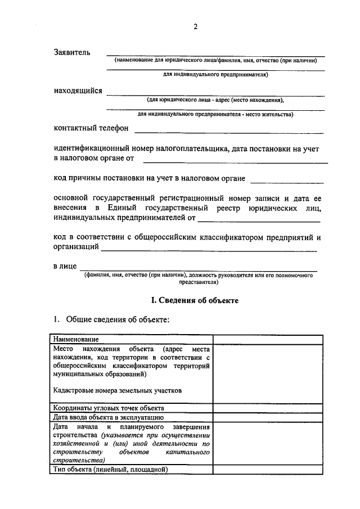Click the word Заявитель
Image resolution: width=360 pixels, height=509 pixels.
coord(71,52)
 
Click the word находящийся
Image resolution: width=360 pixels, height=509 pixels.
coord(78,91)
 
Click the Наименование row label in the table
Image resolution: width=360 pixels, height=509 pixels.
coord(76,339)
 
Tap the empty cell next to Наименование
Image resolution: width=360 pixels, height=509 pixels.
coord(268,339)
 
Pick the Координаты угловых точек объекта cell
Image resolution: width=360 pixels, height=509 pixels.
coord(109,408)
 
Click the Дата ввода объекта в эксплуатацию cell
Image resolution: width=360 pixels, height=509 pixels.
coord(109,417)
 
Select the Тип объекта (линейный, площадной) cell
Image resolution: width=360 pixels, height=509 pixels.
coord(111,469)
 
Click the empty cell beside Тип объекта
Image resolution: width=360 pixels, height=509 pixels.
coord(268,469)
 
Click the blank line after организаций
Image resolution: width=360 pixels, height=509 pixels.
coord(208,249)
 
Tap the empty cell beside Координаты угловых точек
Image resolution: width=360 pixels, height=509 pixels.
coord(268,408)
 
